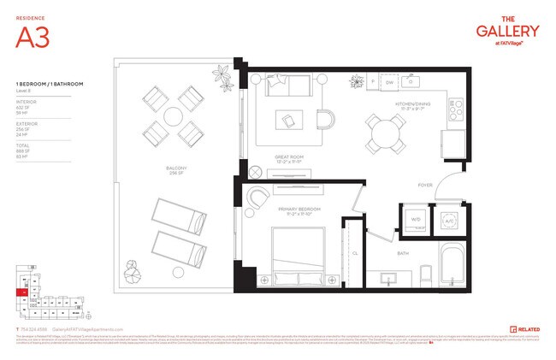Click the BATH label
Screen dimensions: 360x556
coord(402,254)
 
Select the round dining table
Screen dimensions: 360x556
coord(387,132)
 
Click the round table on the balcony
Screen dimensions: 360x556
coord(172,115)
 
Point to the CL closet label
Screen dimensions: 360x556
coord(354,253)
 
